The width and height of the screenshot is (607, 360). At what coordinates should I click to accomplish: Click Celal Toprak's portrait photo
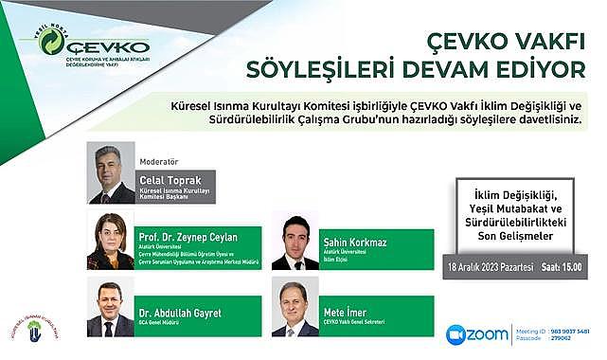[111, 173]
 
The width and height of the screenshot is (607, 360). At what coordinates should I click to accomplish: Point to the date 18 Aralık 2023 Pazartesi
[490, 268]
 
